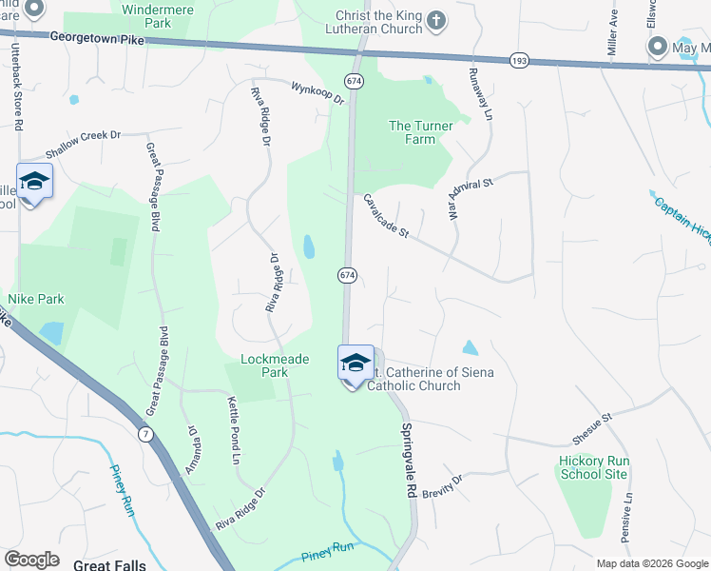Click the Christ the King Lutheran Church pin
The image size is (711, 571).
pyautogui.click(x=434, y=20)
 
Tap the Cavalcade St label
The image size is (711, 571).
pyautogui.click(x=385, y=216)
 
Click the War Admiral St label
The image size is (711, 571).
pyautogui.click(x=466, y=199)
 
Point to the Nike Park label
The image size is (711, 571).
pyautogui.click(x=36, y=299)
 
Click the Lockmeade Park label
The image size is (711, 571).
pyautogui.click(x=262, y=365)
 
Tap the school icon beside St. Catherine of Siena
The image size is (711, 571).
pyautogui.click(x=355, y=364)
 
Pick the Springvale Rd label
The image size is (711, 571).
pyautogui.click(x=409, y=460)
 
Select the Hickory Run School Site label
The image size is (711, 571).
pyautogui.click(x=594, y=467)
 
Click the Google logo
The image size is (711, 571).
pyautogui.click(x=31, y=560)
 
